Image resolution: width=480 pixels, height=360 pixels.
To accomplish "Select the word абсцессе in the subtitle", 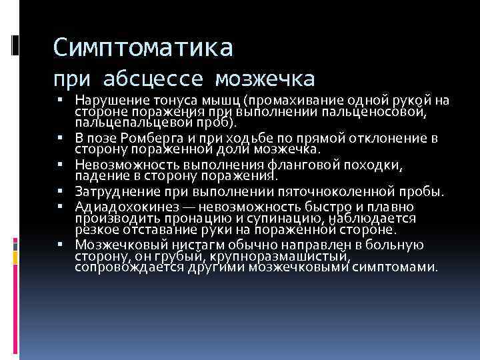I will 155,79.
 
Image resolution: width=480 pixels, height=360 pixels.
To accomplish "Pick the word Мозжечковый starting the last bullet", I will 116,245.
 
